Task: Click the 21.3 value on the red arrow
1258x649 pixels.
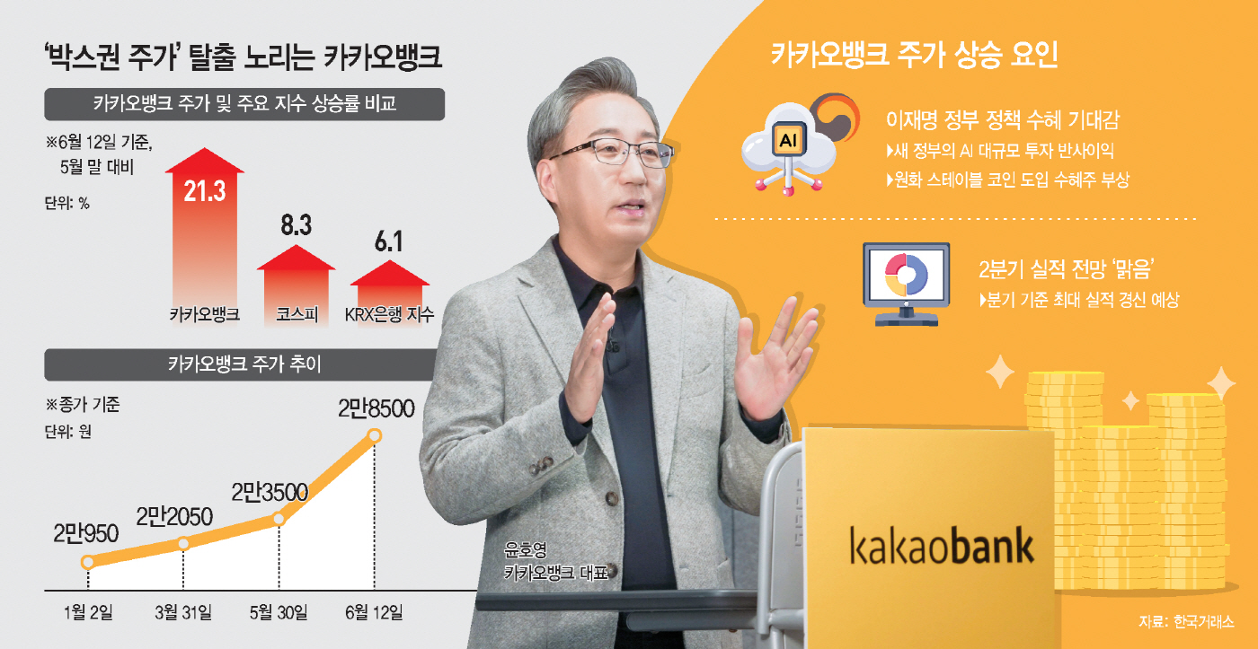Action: [205, 191]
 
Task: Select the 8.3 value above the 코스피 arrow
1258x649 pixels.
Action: [296, 225]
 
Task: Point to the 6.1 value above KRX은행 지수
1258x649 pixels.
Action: [388, 241]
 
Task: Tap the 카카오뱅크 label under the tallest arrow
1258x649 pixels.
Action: [205, 314]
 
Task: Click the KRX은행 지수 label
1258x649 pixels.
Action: [389, 314]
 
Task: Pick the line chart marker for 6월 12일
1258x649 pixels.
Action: [375, 436]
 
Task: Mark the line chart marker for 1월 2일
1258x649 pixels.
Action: [88, 562]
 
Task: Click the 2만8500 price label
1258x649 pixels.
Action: [377, 408]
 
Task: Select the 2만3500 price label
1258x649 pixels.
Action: [270, 493]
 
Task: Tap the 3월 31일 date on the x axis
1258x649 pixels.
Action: [183, 612]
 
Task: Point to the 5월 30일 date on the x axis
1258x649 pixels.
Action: [279, 612]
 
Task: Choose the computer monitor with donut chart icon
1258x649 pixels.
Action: [906, 284]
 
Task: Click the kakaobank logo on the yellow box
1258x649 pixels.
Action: [942, 545]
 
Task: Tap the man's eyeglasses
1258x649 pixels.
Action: [612, 152]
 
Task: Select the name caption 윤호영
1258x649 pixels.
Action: [525, 549]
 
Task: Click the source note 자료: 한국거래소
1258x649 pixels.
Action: [1186, 621]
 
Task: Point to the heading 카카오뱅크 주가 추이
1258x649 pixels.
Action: [244, 364]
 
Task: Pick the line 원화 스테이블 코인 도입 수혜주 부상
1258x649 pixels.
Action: [1007, 180]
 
